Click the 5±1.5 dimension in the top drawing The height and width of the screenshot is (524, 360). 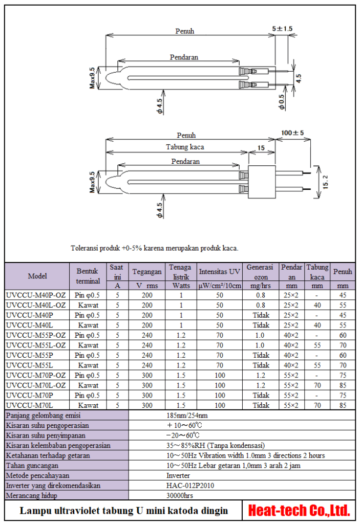pyautogui.click(x=282, y=29)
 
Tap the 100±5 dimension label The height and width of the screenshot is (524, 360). pyautogui.click(x=292, y=133)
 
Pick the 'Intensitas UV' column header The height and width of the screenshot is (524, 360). pyautogui.click(x=219, y=272)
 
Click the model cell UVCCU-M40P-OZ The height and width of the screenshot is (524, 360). pyautogui.click(x=36, y=295)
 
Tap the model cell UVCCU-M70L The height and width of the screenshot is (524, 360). pyautogui.click(x=31, y=405)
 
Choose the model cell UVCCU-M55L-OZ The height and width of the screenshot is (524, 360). pyautogui.click(x=36, y=345)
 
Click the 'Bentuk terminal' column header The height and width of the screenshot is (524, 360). pyautogui.click(x=88, y=276)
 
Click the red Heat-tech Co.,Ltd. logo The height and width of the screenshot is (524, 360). pyautogui.click(x=299, y=510)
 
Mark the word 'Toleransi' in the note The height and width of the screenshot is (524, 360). pyautogui.click(x=83, y=248)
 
